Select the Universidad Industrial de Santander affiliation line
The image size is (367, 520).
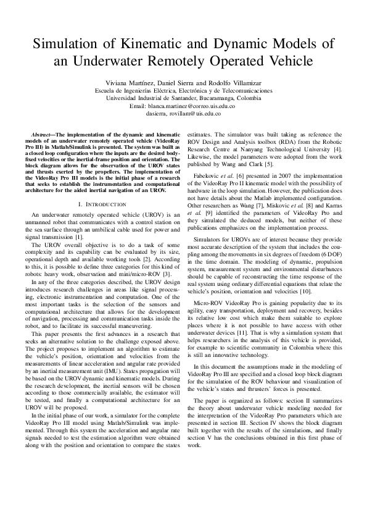[183, 98]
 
